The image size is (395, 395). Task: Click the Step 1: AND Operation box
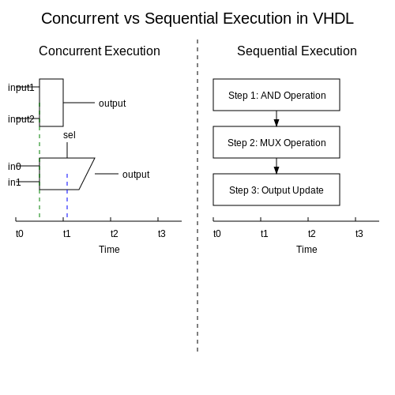click(x=276, y=95)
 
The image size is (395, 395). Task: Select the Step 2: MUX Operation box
click(x=276, y=142)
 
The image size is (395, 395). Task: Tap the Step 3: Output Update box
click(x=276, y=190)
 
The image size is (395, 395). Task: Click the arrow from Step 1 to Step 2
click(x=276, y=118)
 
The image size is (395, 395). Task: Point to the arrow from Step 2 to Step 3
click(x=276, y=166)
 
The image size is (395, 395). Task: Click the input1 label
click(x=21, y=88)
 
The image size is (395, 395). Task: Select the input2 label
click(x=21, y=119)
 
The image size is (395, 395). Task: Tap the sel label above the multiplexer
click(x=70, y=135)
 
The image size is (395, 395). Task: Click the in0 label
click(x=14, y=167)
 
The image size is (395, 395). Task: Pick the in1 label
click(x=14, y=182)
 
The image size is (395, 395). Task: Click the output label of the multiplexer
click(x=136, y=175)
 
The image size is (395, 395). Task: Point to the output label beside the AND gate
click(x=112, y=103)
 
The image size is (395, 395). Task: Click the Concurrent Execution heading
click(x=100, y=51)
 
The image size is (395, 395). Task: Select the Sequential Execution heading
click(x=297, y=51)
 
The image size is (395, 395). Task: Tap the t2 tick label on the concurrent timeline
click(x=115, y=234)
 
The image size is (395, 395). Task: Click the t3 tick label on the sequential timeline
click(x=359, y=234)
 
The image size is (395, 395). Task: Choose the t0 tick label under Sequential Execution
click(x=217, y=234)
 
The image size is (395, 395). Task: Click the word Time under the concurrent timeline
click(x=109, y=250)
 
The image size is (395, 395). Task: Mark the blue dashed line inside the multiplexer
click(x=67, y=195)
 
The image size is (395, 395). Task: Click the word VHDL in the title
click(x=333, y=18)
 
